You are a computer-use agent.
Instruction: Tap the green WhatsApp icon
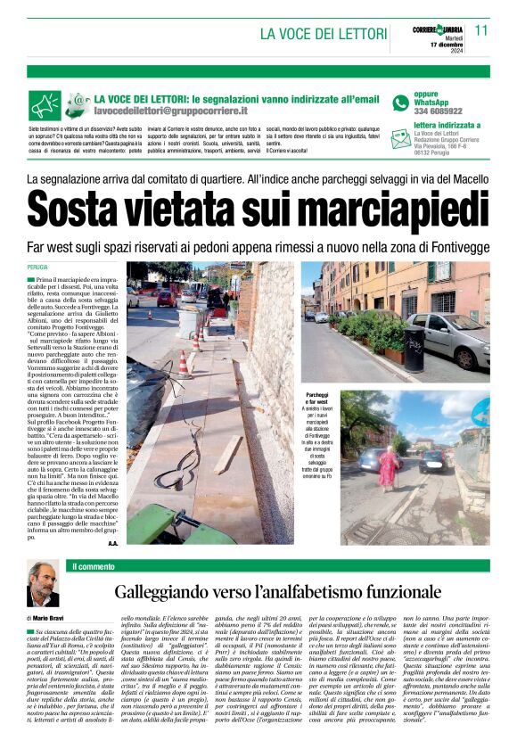(400, 103)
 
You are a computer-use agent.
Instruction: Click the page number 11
(481, 29)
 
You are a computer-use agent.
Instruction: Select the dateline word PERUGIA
(37, 267)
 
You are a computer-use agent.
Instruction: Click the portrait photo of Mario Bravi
(44, 586)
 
